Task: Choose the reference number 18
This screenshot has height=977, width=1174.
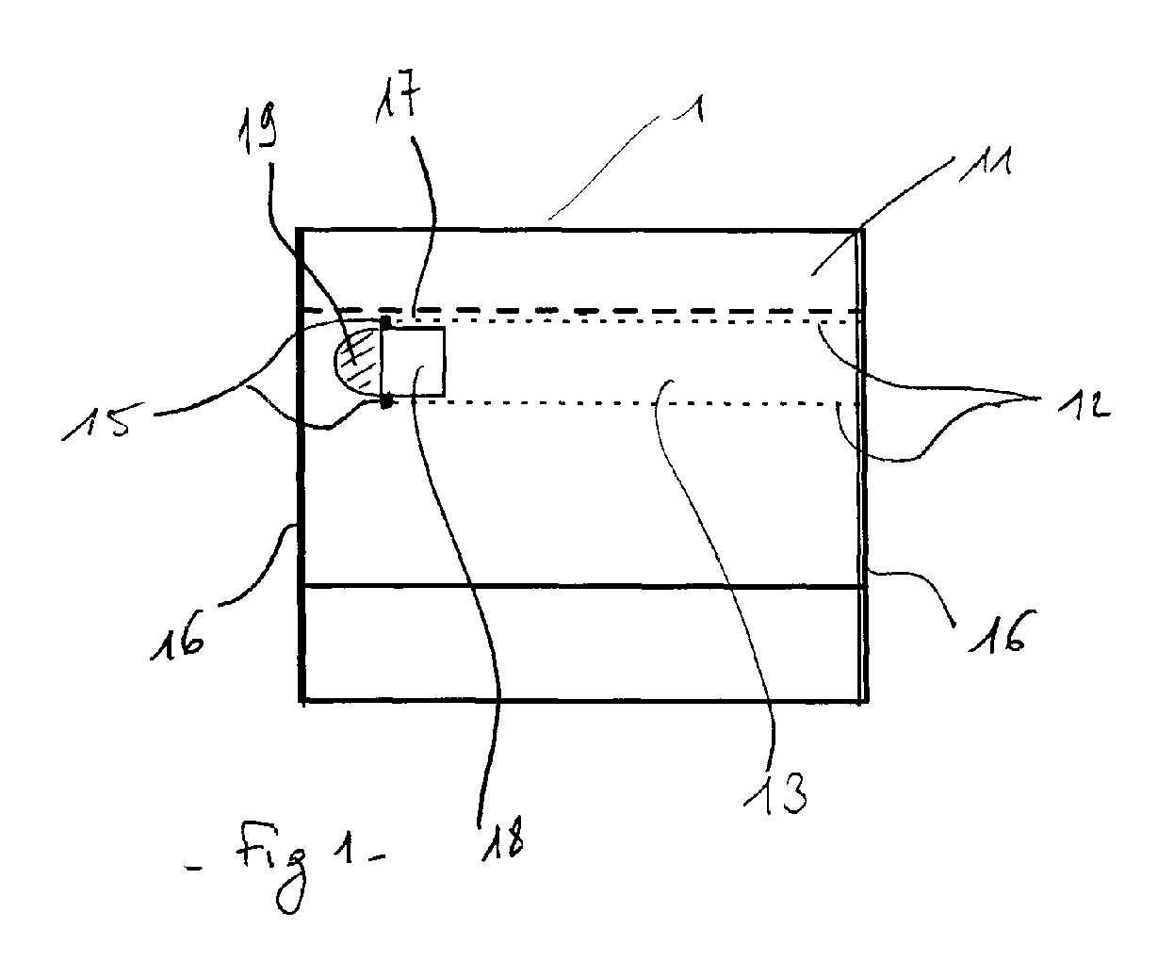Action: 504,834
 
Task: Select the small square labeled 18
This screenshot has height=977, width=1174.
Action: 414,362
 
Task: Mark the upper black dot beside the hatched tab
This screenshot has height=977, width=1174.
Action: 385,323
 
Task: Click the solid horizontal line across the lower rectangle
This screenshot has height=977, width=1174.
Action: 584,587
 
